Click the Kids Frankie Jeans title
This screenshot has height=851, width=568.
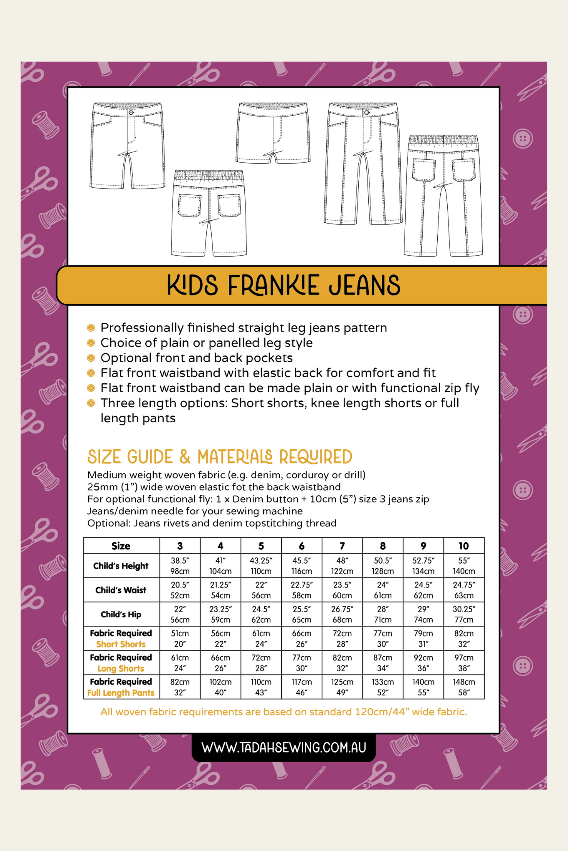coord(284,285)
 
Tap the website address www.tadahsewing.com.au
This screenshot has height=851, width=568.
coord(284,747)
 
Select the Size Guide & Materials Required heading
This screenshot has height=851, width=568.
coord(220,457)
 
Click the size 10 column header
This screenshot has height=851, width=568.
coord(464,546)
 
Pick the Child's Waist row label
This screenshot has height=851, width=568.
coord(121,590)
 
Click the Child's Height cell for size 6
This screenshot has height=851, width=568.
coord(302,566)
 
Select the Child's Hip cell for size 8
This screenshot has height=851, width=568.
coord(383,614)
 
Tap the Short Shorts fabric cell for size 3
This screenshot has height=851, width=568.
coord(180,638)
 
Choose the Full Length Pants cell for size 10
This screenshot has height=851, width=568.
coord(464,687)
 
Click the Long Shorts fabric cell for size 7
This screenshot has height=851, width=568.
coord(342,662)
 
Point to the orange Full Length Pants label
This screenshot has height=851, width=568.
coord(121,693)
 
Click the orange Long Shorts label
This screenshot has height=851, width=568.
coord(121,669)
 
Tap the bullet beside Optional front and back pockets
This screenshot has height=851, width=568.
coord(91,358)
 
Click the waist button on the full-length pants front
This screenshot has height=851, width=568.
coord(367,113)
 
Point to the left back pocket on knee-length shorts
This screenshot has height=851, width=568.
coord(190,205)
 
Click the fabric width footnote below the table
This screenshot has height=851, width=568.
coord(284,712)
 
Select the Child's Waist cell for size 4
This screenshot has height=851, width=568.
coord(220,590)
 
